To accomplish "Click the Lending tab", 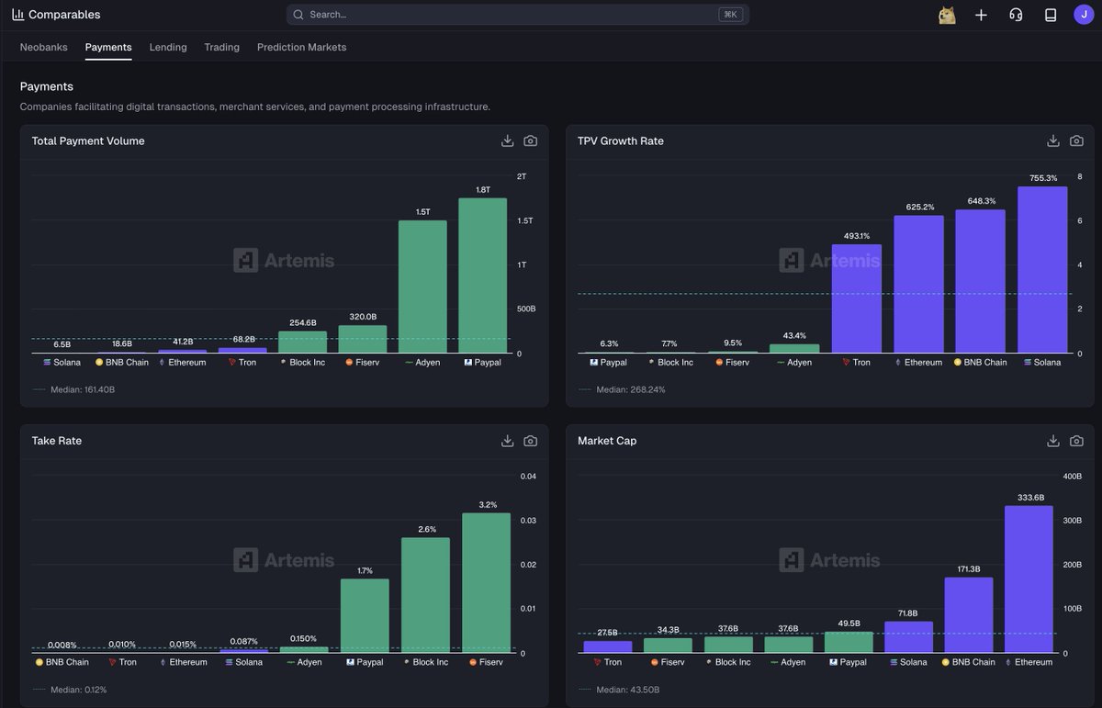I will pyautogui.click(x=168, y=47).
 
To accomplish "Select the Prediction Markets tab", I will pyautogui.click(x=301, y=47).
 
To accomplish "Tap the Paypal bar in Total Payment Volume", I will pyautogui.click(x=482, y=275).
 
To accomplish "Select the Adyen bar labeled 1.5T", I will pyautogui.click(x=422, y=287).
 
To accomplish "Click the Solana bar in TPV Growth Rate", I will pyautogui.click(x=1042, y=270).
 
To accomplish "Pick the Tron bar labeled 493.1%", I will pyautogui.click(x=856, y=298).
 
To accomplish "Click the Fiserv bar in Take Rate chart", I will pyautogui.click(x=486, y=583).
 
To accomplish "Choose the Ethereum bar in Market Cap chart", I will pyautogui.click(x=1029, y=579).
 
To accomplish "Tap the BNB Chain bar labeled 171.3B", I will pyautogui.click(x=969, y=615).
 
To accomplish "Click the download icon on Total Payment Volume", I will pyautogui.click(x=507, y=140).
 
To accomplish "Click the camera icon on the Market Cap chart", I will pyautogui.click(x=1076, y=441).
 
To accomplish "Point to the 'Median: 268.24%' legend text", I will pyautogui.click(x=630, y=389).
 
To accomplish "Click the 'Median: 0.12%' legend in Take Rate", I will pyautogui.click(x=78, y=690).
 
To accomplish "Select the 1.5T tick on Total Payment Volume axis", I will pyautogui.click(x=525, y=220).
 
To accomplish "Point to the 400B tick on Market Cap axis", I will pyautogui.click(x=1072, y=477).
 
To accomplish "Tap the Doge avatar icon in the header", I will pyautogui.click(x=947, y=15).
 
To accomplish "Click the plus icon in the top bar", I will pyautogui.click(x=981, y=15).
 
